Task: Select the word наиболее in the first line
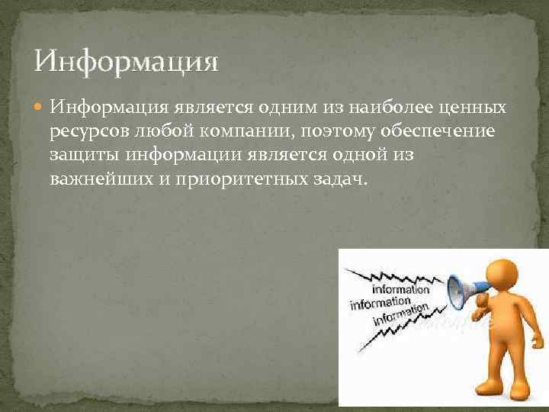[x=380, y=108]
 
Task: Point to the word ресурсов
[x=85, y=132]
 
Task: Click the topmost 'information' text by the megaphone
[x=401, y=290]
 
